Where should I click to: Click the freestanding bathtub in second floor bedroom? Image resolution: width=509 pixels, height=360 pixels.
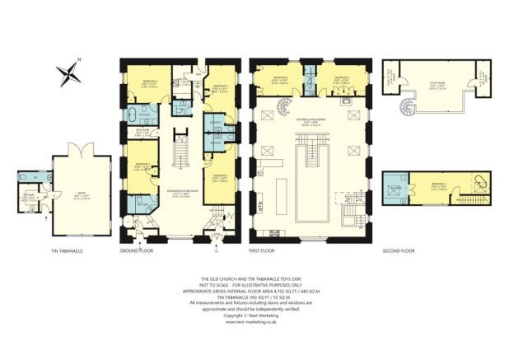(480, 184)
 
